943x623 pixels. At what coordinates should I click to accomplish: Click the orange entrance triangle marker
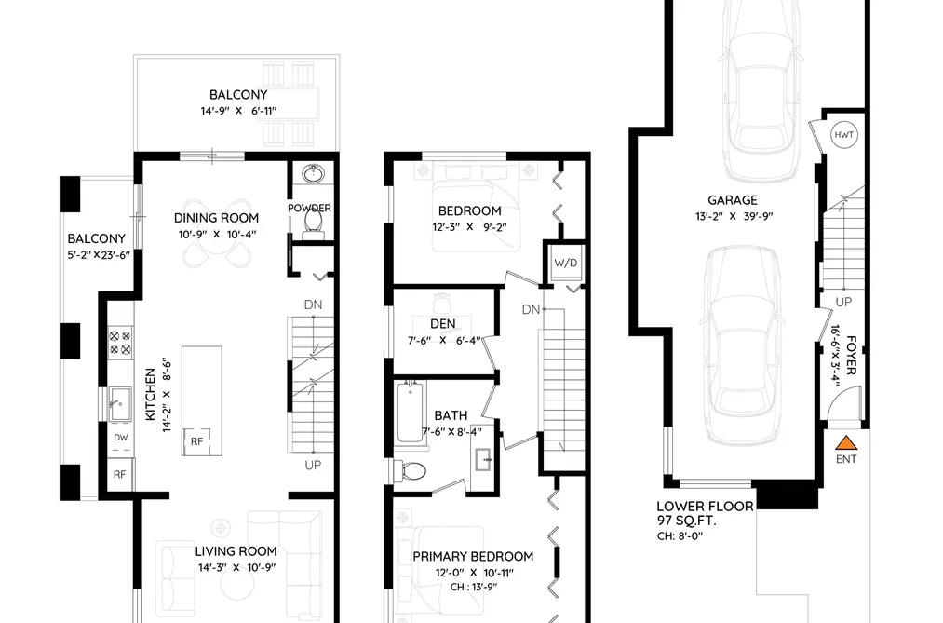[846, 443]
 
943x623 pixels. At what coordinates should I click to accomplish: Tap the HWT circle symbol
[843, 135]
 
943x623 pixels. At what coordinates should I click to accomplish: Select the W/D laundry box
[565, 263]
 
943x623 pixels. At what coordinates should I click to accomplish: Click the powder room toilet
[313, 221]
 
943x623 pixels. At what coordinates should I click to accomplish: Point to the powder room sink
[313, 174]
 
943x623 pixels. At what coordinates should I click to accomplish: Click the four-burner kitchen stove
[120, 343]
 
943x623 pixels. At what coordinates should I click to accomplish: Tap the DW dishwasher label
[120, 437]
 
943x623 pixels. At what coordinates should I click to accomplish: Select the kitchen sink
[120, 403]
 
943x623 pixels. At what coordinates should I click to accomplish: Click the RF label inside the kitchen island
[196, 441]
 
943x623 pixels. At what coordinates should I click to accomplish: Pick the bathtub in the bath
[411, 413]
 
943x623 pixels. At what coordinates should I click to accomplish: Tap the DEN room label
[442, 323]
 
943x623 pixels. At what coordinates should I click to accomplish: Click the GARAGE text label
[733, 200]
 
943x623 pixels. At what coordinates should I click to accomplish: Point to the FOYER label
[851, 356]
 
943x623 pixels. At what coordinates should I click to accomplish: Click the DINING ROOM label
[217, 218]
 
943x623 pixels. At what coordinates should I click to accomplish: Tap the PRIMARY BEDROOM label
[473, 556]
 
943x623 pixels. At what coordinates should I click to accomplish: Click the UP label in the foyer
[843, 302]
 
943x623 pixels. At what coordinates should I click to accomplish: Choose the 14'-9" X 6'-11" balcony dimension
[238, 111]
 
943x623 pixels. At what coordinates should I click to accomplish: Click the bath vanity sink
[484, 461]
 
